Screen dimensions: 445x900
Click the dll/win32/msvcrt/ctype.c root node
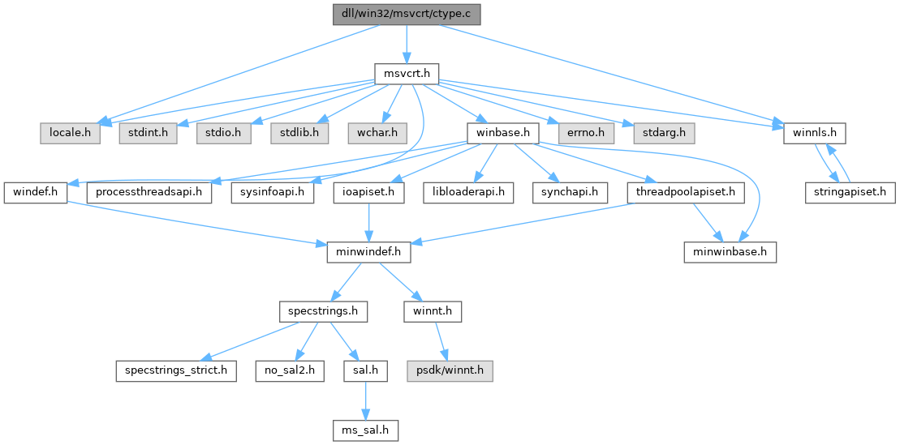(x=406, y=14)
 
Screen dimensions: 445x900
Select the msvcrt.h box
(x=407, y=74)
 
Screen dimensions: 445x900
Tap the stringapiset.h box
(x=850, y=192)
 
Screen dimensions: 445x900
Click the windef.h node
(x=36, y=192)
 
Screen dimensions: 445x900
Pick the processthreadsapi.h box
(x=149, y=192)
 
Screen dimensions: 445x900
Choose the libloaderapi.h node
(x=469, y=192)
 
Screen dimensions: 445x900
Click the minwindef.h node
(x=368, y=252)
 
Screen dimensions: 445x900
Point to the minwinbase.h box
(x=729, y=252)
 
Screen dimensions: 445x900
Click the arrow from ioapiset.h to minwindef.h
(x=369, y=222)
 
